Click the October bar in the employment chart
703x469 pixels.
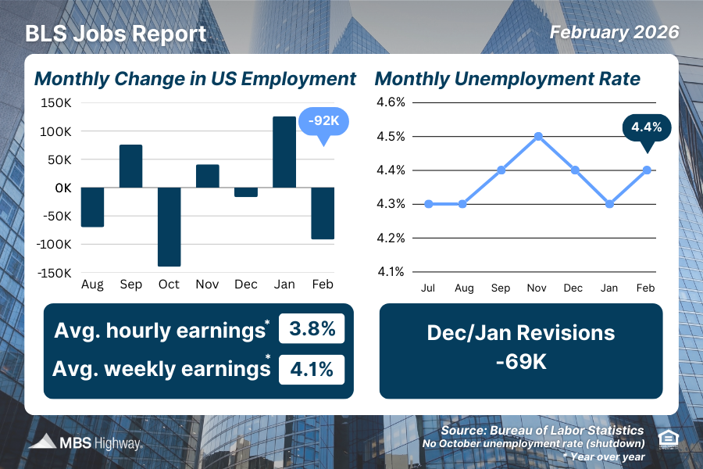(169, 227)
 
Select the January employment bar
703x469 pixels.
(284, 152)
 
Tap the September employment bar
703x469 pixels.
(130, 166)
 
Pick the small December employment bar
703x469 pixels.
(245, 192)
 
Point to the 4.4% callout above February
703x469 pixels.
(647, 127)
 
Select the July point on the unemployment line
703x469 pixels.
(427, 204)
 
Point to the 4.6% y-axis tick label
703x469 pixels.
(390, 102)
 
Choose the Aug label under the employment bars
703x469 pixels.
(92, 285)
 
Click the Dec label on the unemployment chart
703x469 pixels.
(573, 288)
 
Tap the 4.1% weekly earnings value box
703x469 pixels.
(311, 368)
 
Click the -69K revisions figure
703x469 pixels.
(521, 363)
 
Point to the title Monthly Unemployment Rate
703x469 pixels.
(508, 79)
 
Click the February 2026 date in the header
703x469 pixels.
(614, 33)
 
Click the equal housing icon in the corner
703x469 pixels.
(669, 438)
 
